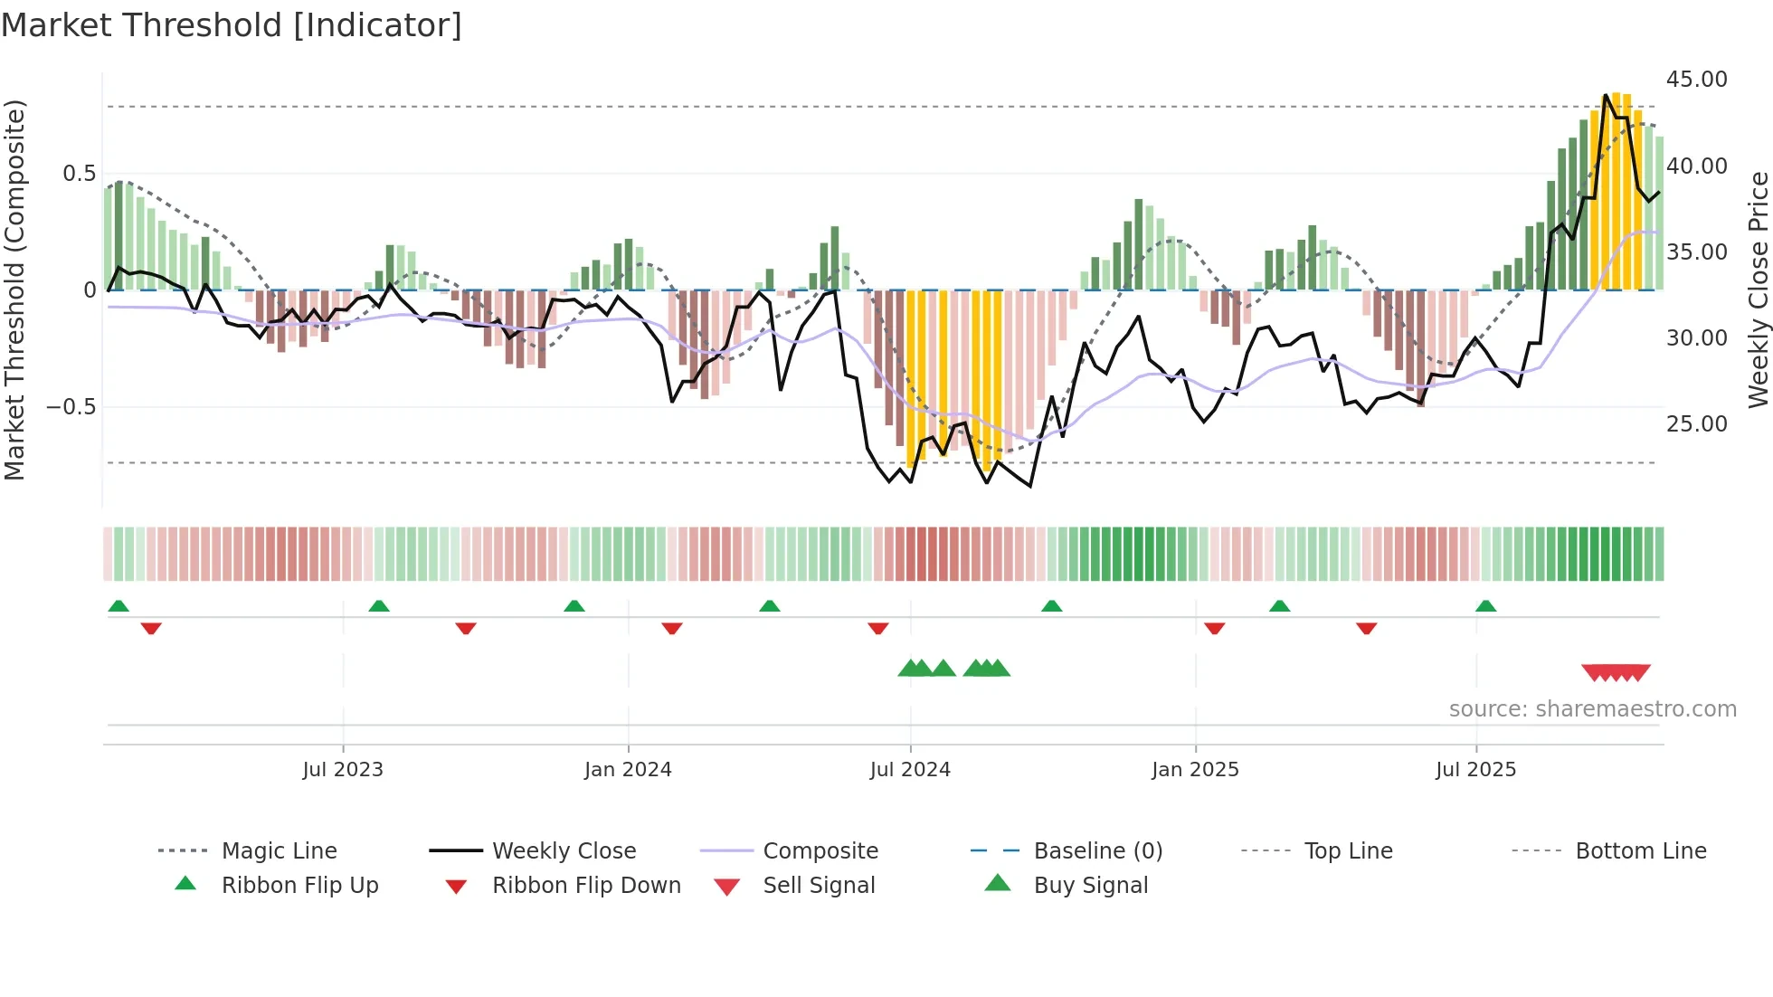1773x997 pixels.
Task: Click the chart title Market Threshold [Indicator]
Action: (x=232, y=25)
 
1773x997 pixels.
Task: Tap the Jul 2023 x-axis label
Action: (x=343, y=770)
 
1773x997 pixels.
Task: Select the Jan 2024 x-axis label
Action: (x=628, y=770)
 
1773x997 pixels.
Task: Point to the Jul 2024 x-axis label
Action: (x=910, y=770)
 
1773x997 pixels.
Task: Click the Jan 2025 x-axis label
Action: (x=1195, y=770)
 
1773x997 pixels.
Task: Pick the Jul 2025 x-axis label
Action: (x=1475, y=770)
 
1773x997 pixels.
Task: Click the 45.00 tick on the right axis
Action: (x=1696, y=80)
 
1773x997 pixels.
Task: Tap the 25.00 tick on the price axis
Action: (x=1696, y=423)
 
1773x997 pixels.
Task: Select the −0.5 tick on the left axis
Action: (x=71, y=407)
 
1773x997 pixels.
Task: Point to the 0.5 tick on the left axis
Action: (x=79, y=174)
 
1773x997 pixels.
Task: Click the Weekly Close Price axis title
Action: (x=1758, y=290)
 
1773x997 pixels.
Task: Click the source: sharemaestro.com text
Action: (x=1592, y=709)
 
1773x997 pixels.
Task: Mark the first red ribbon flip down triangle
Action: (x=151, y=628)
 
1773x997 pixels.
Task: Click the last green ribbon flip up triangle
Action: (x=1485, y=606)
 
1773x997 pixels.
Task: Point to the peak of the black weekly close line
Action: (x=1606, y=95)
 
